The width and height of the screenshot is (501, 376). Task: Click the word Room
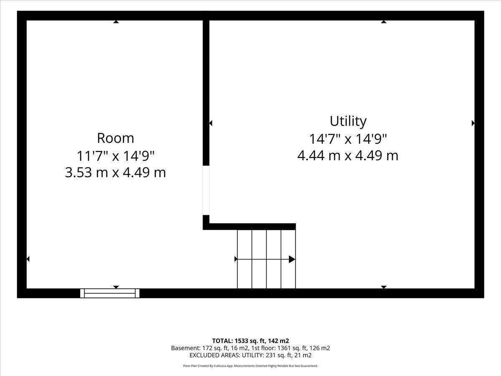click(x=116, y=138)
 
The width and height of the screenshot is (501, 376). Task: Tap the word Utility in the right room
click(x=348, y=121)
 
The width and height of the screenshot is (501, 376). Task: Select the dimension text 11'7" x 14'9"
click(x=116, y=156)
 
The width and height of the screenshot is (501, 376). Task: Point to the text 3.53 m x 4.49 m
click(x=116, y=173)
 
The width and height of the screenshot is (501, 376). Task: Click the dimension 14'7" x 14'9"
click(x=348, y=139)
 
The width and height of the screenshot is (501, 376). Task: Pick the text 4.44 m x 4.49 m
click(x=348, y=155)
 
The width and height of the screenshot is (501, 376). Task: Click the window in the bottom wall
click(x=110, y=293)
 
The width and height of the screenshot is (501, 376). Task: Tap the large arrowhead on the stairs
click(x=292, y=259)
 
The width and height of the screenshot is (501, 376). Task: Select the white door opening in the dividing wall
click(x=206, y=190)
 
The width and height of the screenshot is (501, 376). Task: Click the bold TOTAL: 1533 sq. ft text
click(x=240, y=341)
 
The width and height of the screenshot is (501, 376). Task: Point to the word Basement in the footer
click(x=185, y=348)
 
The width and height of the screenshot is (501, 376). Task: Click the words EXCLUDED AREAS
click(x=215, y=355)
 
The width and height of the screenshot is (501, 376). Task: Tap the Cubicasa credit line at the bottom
click(x=250, y=366)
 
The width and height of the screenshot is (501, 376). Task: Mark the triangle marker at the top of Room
click(x=116, y=22)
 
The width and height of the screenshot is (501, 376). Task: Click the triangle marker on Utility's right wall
click(x=473, y=123)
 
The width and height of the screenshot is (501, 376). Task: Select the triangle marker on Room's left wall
click(x=28, y=259)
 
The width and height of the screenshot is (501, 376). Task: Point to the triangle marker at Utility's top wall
click(x=384, y=22)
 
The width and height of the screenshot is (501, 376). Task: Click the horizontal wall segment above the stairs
click(x=249, y=226)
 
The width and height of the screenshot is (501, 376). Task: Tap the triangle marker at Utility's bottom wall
click(x=384, y=287)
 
